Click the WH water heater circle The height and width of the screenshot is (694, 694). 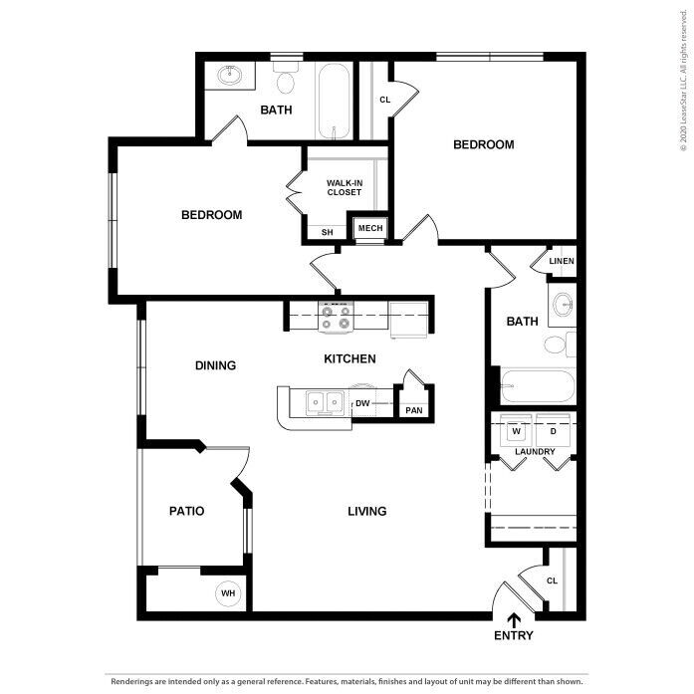[229, 593]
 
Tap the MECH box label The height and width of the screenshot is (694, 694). [370, 228]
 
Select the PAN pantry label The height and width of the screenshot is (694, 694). [413, 409]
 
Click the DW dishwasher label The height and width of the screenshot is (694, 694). [362, 403]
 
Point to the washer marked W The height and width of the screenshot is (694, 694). [517, 432]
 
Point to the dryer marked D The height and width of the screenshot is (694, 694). [554, 432]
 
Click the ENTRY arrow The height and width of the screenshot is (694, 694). [514, 621]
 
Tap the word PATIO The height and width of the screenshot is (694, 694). [186, 511]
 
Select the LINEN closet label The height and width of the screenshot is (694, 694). [562, 262]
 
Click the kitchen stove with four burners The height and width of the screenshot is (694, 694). [336, 318]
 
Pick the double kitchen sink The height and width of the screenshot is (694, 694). [323, 402]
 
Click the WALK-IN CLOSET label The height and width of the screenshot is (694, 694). [344, 187]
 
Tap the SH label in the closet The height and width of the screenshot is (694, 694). [327, 232]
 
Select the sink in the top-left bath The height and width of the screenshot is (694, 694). [231, 74]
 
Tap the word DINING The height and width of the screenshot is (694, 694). [215, 365]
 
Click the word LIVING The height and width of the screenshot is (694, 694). [366, 512]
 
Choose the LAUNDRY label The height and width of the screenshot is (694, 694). [535, 452]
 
